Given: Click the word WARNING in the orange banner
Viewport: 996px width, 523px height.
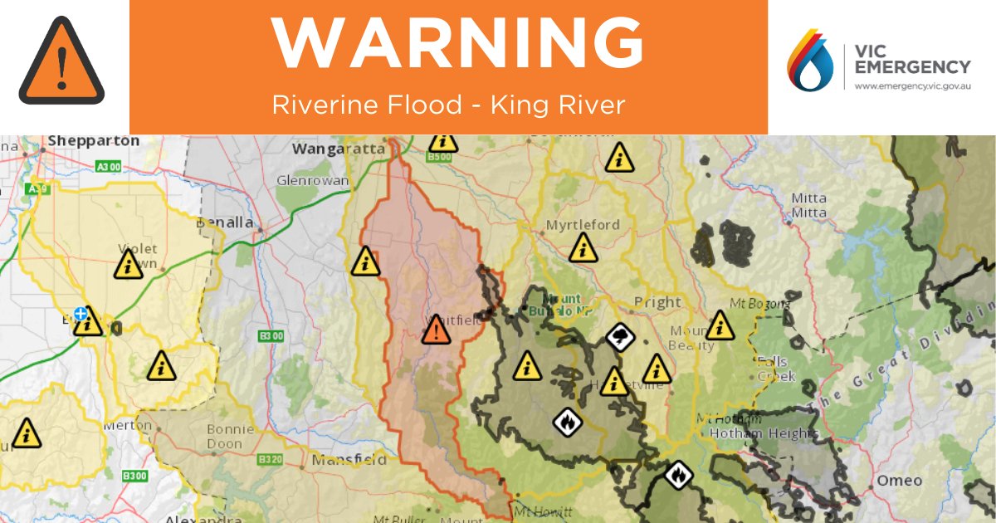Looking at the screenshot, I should pyautogui.click(x=458, y=43).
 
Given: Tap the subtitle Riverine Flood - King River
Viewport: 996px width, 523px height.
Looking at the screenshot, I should pyautogui.click(x=448, y=105).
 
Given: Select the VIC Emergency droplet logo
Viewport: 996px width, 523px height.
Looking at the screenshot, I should pyautogui.click(x=810, y=60).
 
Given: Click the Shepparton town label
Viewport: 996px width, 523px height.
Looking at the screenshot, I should pyautogui.click(x=93, y=141).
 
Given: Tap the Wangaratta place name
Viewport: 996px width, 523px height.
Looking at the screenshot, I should pyautogui.click(x=339, y=149).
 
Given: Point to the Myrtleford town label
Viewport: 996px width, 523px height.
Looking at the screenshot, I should pyautogui.click(x=583, y=225).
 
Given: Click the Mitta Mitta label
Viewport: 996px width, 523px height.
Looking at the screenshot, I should pyautogui.click(x=808, y=205).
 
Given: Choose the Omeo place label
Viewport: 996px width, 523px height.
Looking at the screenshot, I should pyautogui.click(x=900, y=481).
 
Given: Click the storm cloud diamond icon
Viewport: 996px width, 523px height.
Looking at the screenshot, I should pyautogui.click(x=621, y=337).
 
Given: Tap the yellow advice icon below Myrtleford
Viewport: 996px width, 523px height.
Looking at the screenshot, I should pyautogui.click(x=583, y=247).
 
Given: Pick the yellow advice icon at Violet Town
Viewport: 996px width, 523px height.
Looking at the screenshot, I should pyautogui.click(x=127, y=265).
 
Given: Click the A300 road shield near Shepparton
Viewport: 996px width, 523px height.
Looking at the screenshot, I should pyautogui.click(x=109, y=167).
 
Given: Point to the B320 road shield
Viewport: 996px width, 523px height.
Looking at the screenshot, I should pyautogui.click(x=270, y=460).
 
